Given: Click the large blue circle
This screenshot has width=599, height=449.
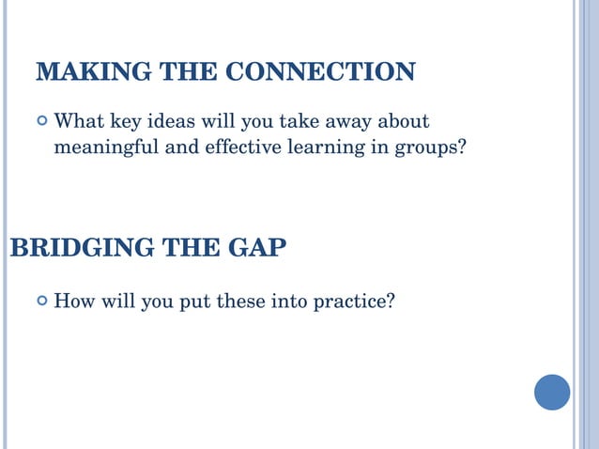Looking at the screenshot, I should pyautogui.click(x=552, y=392).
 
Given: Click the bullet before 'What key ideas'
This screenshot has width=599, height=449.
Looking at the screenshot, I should pyautogui.click(x=41, y=121).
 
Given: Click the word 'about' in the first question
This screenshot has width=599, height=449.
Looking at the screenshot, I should pyautogui.click(x=406, y=121).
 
